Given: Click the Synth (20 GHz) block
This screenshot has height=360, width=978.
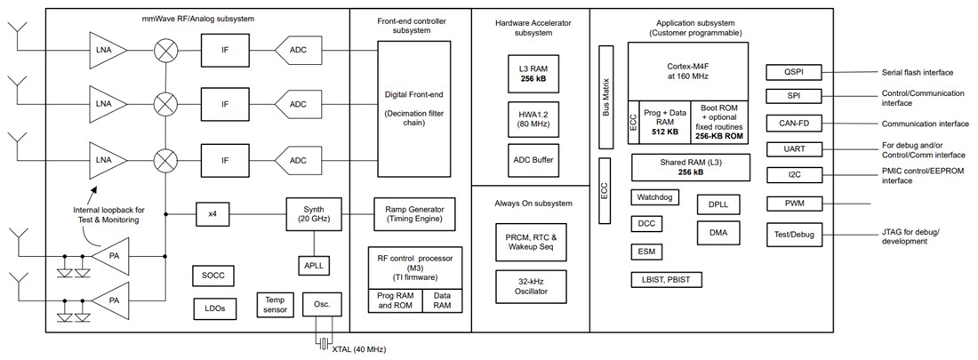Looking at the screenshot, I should pos(311,213).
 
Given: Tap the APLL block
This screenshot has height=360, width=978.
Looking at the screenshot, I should pos(313,264).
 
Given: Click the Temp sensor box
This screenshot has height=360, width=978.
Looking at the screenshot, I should pos(273,305).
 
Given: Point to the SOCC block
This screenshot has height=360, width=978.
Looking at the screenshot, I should pos(213,276).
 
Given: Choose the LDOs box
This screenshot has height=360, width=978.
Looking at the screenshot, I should pos(213,308).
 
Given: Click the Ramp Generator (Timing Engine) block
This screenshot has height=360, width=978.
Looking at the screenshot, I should pos(409,213).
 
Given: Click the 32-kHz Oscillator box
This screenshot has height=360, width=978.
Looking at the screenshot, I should pos(529,286).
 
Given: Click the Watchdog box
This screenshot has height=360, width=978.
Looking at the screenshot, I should pos(655,197).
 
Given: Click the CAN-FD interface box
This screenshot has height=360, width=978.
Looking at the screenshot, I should pos(793,123).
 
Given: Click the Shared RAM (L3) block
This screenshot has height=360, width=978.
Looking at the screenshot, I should pos(685,166).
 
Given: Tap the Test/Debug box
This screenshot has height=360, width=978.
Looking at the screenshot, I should pos(793,235).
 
